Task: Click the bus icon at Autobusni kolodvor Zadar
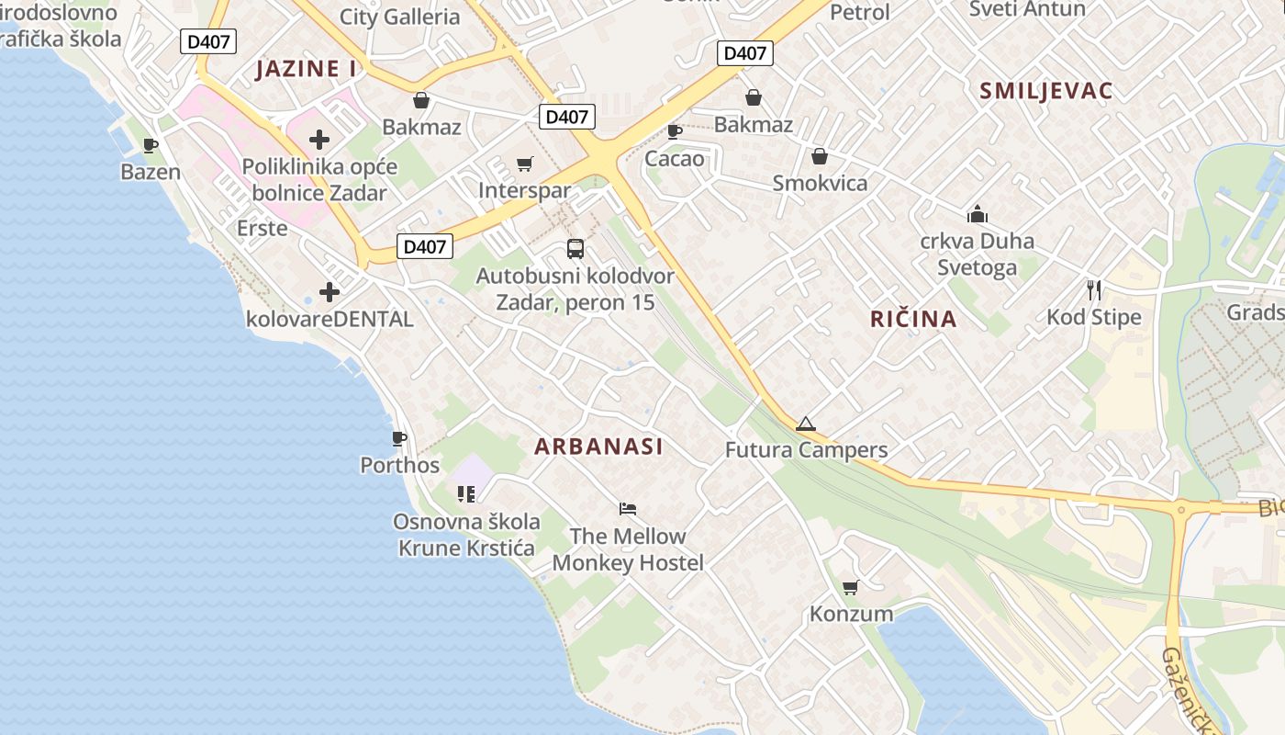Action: [575, 248]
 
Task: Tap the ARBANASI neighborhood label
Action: [598, 447]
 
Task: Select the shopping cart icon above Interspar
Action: [524, 164]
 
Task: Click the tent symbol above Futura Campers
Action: [805, 424]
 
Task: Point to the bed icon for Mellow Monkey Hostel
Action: [628, 508]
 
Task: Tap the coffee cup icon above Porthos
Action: [398, 438]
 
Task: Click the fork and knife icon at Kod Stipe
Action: [1093, 290]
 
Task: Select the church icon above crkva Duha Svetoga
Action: [977, 214]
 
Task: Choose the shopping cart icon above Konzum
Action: [851, 587]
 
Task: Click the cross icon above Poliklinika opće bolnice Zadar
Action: [318, 140]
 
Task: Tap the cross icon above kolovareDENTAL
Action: [329, 292]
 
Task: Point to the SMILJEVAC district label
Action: [1045, 91]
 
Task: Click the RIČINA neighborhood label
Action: [913, 319]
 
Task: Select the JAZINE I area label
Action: [306, 69]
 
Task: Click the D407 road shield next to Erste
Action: [425, 246]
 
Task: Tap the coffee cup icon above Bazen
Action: [151, 145]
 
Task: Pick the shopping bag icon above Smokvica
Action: [819, 156]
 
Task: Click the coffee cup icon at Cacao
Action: [674, 131]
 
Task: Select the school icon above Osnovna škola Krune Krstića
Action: [466, 494]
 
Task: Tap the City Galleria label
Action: [399, 17]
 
